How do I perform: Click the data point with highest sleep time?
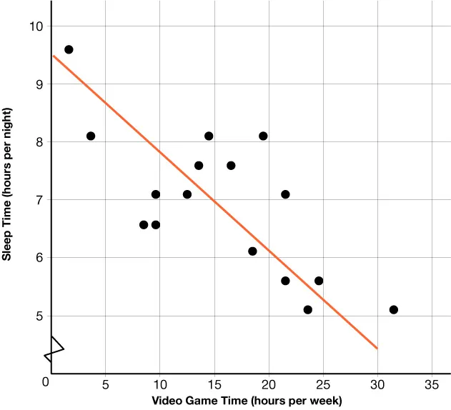click(x=69, y=49)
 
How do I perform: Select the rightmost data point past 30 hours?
click(x=393, y=309)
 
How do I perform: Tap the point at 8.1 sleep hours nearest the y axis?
click(x=91, y=136)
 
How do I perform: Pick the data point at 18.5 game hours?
click(x=252, y=251)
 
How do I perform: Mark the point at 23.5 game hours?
click(x=307, y=309)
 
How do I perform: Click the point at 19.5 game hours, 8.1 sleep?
click(x=263, y=136)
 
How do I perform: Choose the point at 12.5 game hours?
click(x=187, y=194)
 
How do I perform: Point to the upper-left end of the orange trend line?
click(x=54, y=56)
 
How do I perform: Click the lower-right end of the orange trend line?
click(x=377, y=349)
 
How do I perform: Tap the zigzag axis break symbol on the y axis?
click(x=53, y=349)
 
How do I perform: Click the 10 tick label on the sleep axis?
click(x=36, y=26)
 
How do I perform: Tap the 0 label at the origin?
click(x=46, y=383)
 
